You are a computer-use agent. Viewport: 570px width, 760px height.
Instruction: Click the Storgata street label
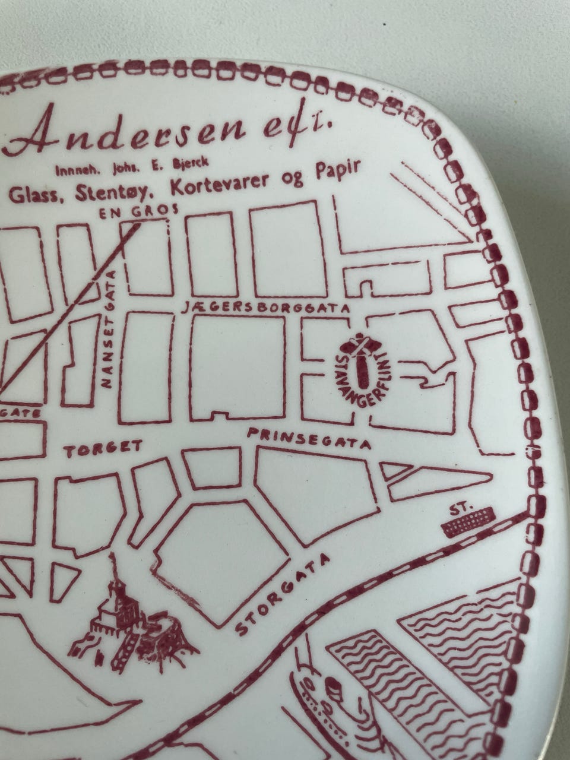(283, 594)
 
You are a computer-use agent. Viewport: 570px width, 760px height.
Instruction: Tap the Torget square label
(104, 449)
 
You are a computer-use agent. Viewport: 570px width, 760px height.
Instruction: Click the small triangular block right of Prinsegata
(394, 471)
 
